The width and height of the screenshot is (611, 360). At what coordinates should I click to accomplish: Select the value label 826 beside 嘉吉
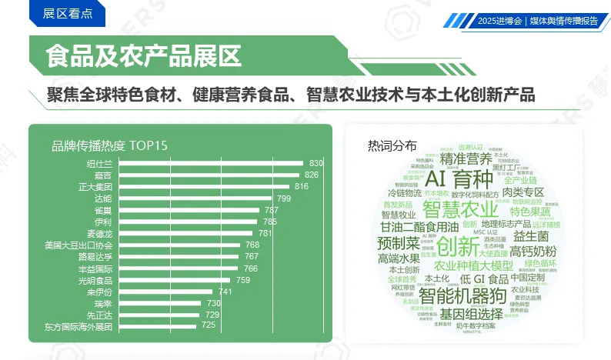pyautogui.click(x=312, y=175)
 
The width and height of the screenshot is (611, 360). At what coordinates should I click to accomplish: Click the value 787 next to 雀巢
pyautogui.click(x=272, y=210)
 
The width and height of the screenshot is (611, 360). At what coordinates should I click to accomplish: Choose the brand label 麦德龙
pyautogui.click(x=98, y=233)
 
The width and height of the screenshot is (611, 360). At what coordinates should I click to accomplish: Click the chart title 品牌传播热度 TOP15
pyautogui.click(x=109, y=145)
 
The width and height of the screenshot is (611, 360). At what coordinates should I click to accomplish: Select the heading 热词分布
pyautogui.click(x=392, y=145)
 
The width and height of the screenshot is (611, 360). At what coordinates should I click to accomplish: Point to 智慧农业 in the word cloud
pyautogui.click(x=460, y=209)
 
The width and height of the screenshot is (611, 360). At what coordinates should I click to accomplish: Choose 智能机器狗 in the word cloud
pyautogui.click(x=461, y=295)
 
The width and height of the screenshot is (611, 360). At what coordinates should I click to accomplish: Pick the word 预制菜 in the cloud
pyautogui.click(x=399, y=243)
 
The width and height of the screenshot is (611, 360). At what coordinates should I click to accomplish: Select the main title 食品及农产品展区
pyautogui.click(x=142, y=55)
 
